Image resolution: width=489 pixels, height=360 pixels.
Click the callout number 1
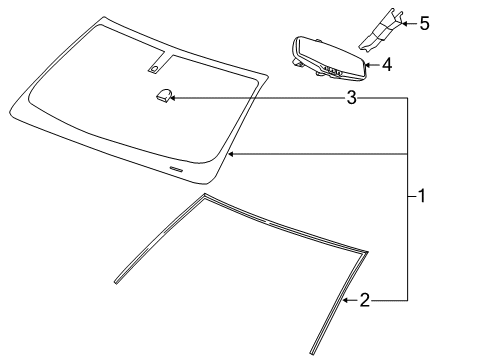tap(422, 197)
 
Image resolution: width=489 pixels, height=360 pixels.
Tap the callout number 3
tap(351, 98)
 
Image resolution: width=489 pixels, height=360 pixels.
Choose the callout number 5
tap(424, 22)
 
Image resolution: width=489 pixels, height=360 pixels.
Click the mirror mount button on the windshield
tap(163, 95)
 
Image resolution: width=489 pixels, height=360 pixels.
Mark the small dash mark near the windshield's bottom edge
tap(176, 170)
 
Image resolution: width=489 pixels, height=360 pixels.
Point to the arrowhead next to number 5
tap(404, 22)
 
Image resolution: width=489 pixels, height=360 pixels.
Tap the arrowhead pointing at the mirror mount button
tap(178, 98)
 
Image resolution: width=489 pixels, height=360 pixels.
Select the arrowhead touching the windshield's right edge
tap(231, 154)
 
